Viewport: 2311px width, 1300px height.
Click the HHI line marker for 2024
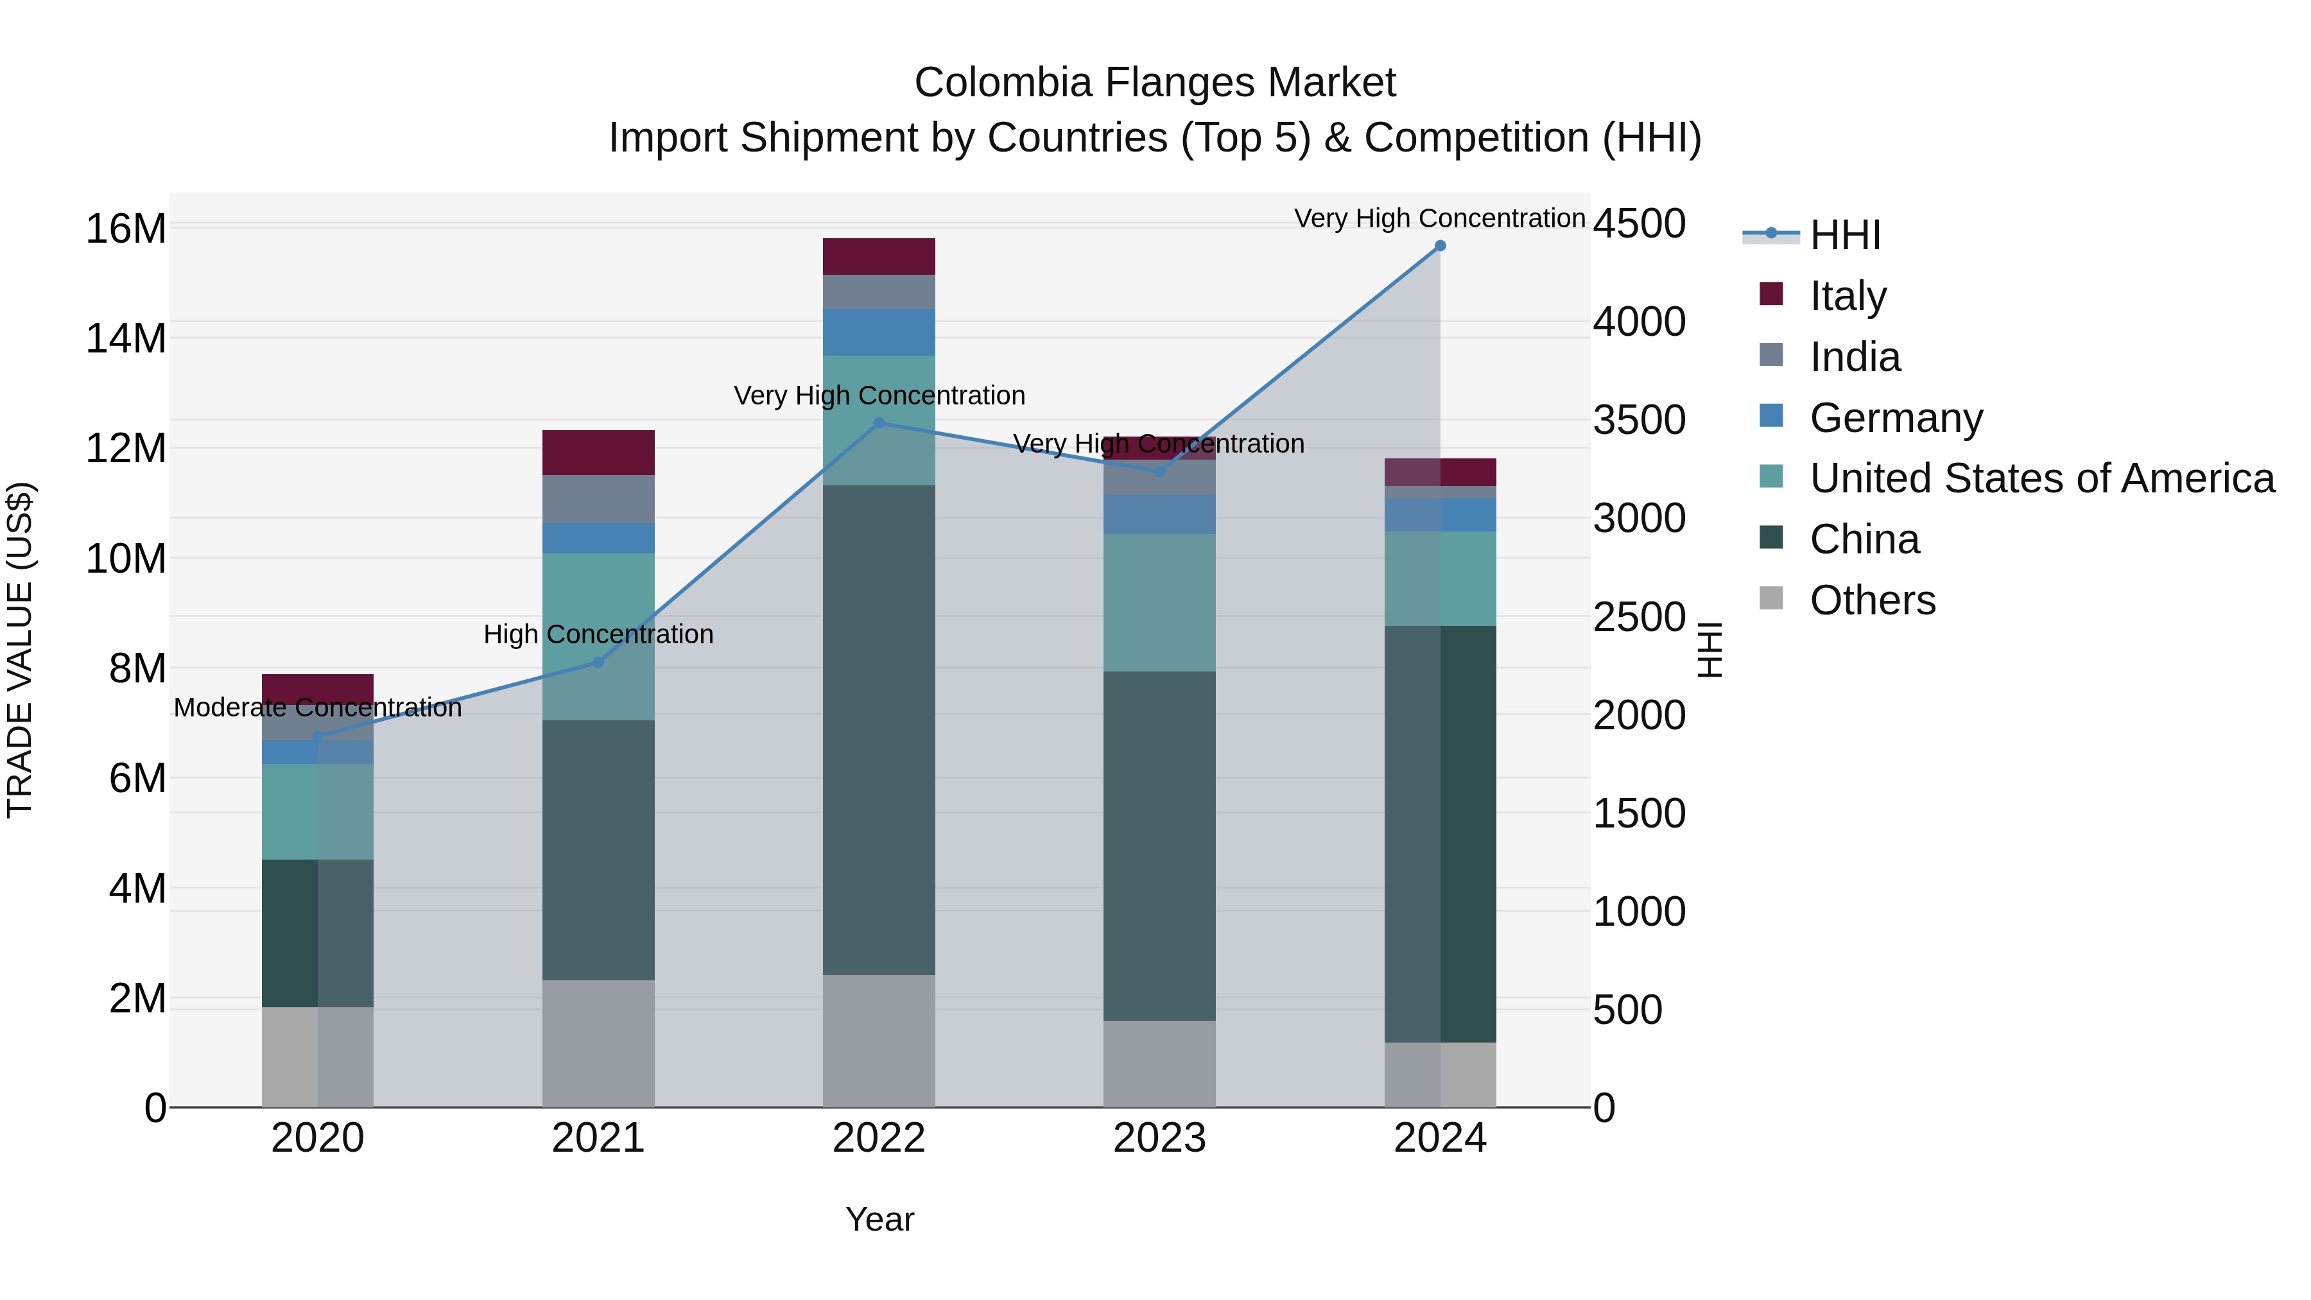[x=1440, y=246]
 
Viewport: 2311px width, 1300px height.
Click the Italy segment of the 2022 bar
[x=879, y=257]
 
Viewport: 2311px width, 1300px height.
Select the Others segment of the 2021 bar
[x=598, y=1043]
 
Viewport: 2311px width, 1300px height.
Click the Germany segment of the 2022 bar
[x=879, y=332]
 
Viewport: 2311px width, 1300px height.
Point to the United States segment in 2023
[x=1159, y=603]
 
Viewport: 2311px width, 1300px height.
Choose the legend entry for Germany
[x=1896, y=418]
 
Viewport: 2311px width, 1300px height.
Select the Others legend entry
[x=1873, y=600]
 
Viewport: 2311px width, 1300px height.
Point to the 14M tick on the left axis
[x=126, y=339]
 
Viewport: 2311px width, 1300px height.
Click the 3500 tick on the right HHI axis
[x=1639, y=420]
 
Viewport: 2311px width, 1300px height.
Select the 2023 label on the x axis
[x=1159, y=1138]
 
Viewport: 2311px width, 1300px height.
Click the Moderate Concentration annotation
[x=318, y=708]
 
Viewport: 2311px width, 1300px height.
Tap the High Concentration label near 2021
[x=598, y=634]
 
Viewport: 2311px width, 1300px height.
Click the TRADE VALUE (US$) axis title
[x=21, y=650]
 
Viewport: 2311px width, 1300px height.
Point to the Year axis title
[x=879, y=1219]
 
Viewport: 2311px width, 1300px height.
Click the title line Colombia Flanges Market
[x=1155, y=83]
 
